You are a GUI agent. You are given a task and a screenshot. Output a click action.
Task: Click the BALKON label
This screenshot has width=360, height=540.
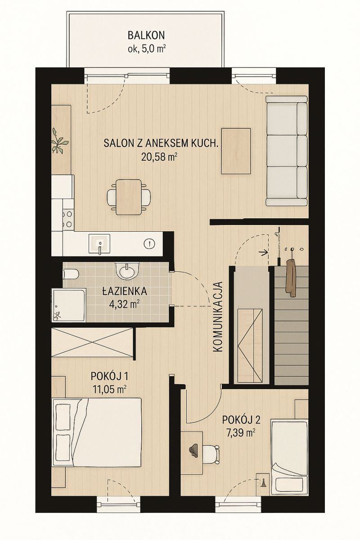click(x=146, y=36)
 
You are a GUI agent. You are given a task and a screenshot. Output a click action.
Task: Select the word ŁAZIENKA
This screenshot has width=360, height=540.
click(x=124, y=291)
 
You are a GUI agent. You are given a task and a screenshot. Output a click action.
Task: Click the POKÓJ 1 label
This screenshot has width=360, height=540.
click(x=109, y=376)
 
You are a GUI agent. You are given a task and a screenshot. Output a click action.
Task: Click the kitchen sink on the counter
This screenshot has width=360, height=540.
click(x=99, y=244)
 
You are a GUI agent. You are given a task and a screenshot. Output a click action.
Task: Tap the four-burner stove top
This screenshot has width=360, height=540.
click(x=67, y=219)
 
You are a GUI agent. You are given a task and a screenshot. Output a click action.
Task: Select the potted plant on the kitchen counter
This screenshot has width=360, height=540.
click(x=59, y=141)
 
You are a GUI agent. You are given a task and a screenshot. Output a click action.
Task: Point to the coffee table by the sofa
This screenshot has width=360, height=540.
click(x=236, y=151)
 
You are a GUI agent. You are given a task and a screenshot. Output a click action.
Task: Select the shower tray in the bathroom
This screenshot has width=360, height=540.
click(x=68, y=305)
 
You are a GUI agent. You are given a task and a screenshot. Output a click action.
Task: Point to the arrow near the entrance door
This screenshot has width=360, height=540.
click(x=264, y=252)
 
